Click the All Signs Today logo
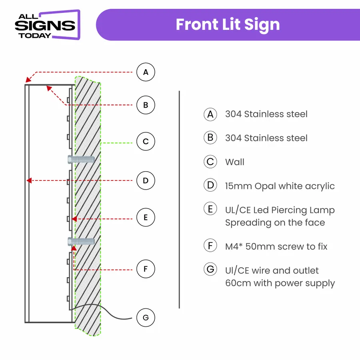coord(47,25)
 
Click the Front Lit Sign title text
coord(228,25)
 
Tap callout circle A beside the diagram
coord(145,72)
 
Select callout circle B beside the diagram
coord(145,105)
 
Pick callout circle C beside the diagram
coord(145,142)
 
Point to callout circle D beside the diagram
coord(145,180)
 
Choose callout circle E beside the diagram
coord(145,218)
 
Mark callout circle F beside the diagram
coord(145,269)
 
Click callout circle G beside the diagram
coord(145,318)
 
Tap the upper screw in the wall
coord(81,159)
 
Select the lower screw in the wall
coord(81,241)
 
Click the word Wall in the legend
coord(234,162)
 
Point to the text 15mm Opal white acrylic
coord(280,186)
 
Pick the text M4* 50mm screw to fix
coord(276,246)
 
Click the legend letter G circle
coord(210,270)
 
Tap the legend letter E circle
coord(210,209)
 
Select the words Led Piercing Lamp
coord(296,210)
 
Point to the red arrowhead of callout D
coord(28,180)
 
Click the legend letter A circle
coord(210,114)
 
